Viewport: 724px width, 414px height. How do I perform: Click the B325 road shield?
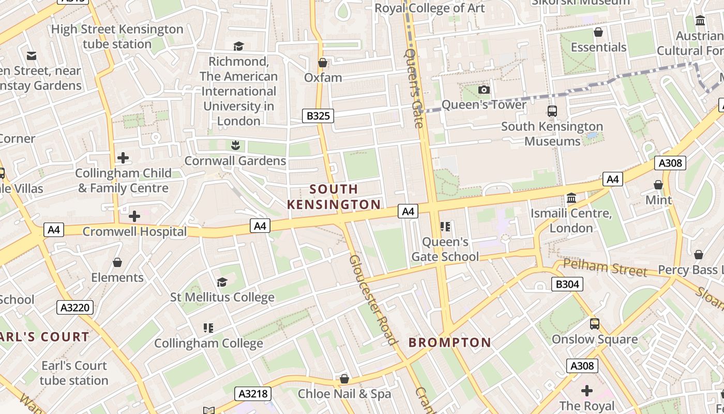coord(318,116)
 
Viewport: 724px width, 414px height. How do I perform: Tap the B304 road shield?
coord(567,284)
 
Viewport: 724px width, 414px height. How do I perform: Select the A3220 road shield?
coord(75,308)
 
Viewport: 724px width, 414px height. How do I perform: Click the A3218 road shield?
coord(253,394)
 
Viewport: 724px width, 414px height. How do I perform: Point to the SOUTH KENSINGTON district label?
coord(334,197)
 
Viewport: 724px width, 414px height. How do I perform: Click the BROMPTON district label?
coord(449,343)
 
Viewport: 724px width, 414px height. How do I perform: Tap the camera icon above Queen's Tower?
coord(484,90)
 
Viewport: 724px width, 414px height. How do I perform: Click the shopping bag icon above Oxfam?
coord(323,63)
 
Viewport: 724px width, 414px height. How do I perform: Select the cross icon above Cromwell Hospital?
coord(134,216)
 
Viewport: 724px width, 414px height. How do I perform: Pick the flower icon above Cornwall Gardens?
coord(235,145)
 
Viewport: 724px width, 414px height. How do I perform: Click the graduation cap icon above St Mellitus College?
coord(222,282)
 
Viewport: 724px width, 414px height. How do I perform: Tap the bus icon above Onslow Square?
coord(595,324)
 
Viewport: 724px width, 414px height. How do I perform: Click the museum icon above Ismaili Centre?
coord(571,198)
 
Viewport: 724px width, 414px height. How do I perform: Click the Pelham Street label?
coord(605,268)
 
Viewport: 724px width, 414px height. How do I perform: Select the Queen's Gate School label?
coord(445,249)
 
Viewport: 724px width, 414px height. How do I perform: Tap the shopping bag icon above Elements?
coord(117,262)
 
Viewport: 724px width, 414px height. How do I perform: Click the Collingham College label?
coord(208,343)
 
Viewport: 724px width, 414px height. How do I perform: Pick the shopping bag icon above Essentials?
coord(598,33)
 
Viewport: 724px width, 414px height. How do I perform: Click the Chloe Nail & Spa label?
coord(344,394)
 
